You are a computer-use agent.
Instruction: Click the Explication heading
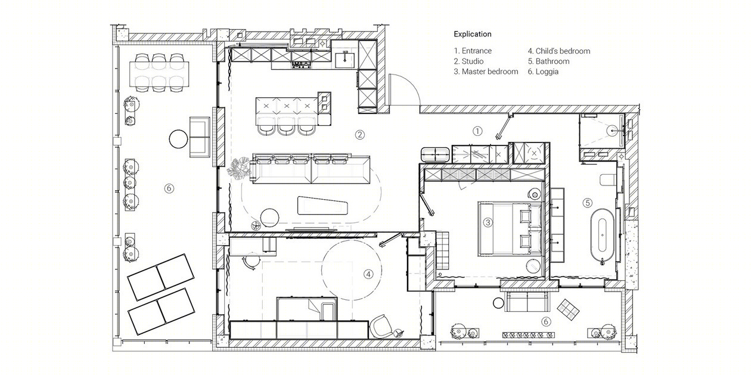[x=473, y=34]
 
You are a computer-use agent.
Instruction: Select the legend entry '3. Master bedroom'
[x=486, y=72]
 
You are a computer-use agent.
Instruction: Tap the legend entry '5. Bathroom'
[x=548, y=61]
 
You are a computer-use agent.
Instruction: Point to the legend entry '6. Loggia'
[x=543, y=72]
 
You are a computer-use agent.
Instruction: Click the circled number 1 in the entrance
[x=477, y=131]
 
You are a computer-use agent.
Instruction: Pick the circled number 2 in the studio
[x=360, y=135]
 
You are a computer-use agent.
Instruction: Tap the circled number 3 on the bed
[x=488, y=222]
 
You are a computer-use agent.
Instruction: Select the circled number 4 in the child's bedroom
[x=368, y=274]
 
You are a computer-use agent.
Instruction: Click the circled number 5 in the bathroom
[x=588, y=203]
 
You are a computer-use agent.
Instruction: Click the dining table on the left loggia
[x=159, y=72]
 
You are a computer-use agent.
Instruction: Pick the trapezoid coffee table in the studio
[x=322, y=206]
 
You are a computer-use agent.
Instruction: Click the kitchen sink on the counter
[x=345, y=60]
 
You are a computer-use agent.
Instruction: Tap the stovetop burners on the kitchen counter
[x=302, y=64]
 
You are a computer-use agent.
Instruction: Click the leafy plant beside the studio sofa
[x=239, y=168]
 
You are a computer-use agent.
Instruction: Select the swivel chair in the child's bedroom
[x=381, y=326]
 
